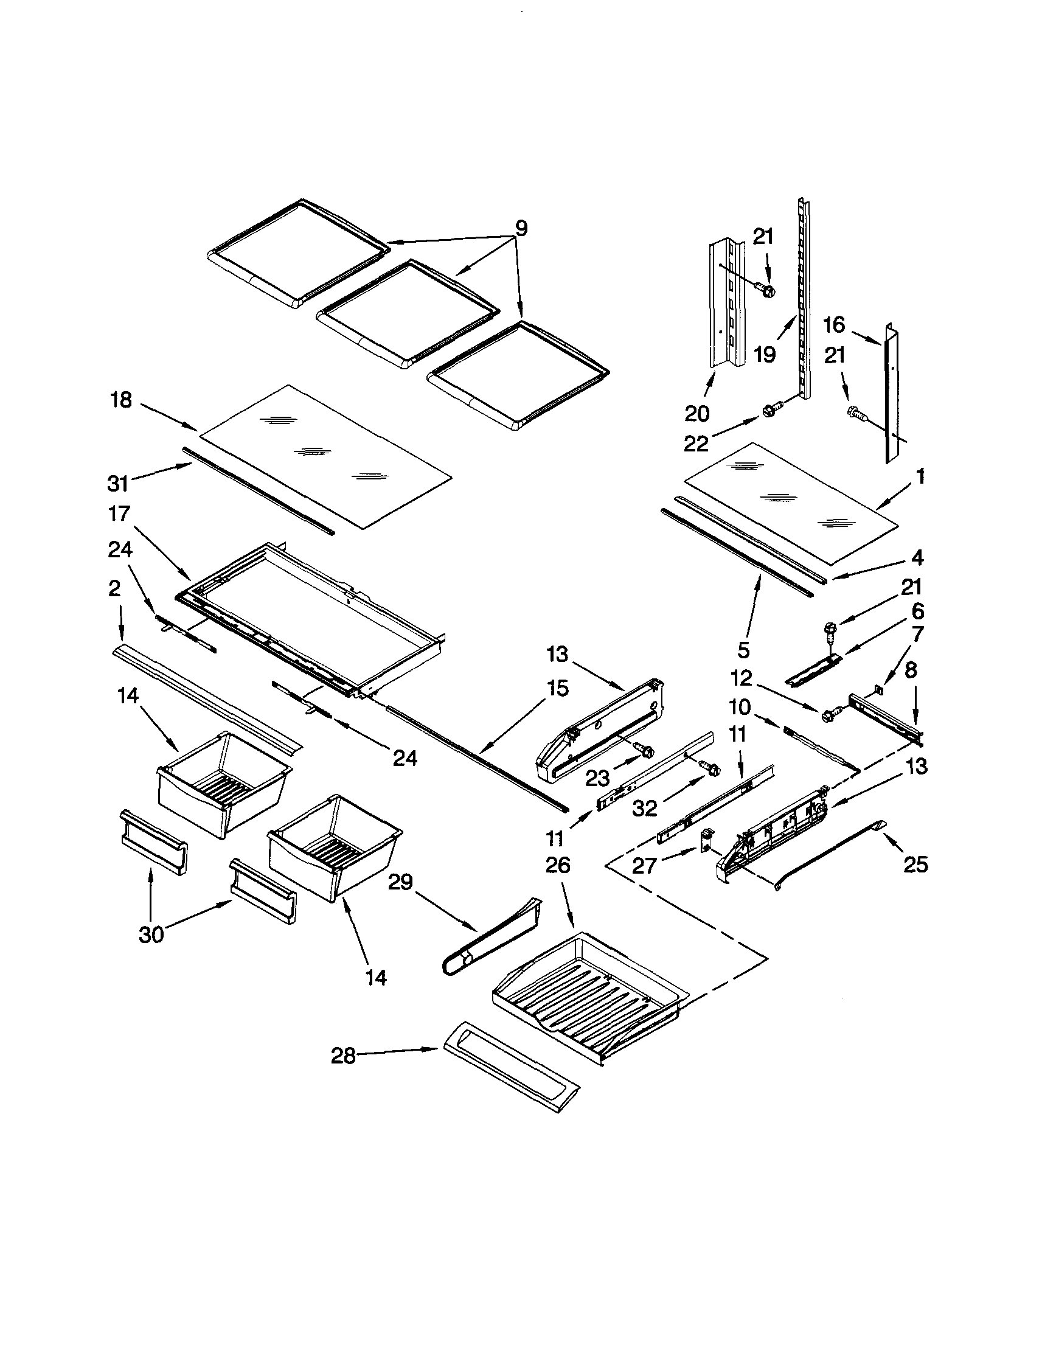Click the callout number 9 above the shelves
tap(521, 229)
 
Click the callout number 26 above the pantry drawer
tap(558, 865)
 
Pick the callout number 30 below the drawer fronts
tap(151, 935)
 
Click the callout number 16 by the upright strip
tap(833, 324)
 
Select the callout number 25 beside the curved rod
tap(915, 865)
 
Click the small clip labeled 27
tap(706, 840)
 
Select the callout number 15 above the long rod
tap(557, 688)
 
